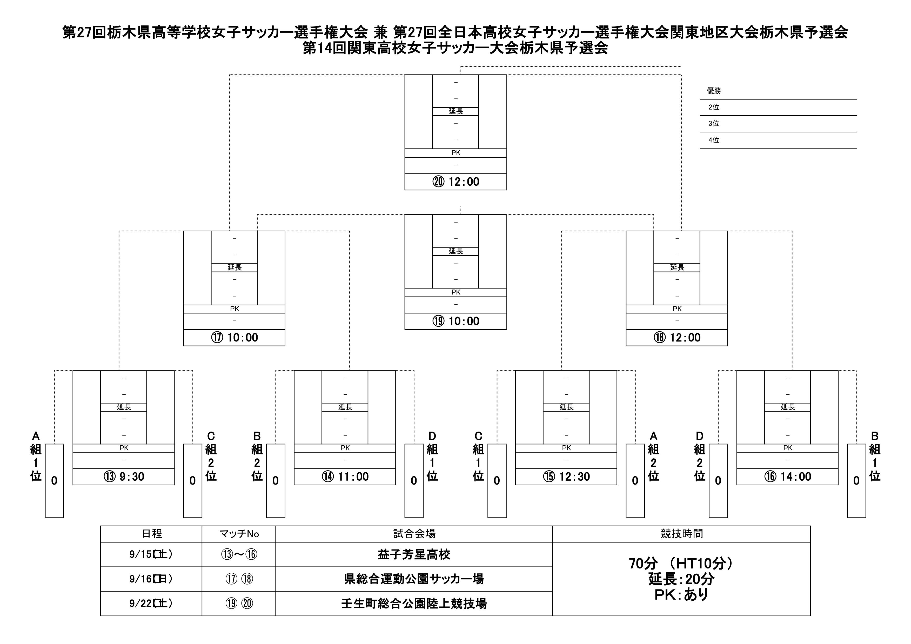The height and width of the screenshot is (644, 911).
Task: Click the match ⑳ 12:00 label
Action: (x=455, y=182)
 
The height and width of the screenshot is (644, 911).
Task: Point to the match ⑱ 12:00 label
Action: (x=677, y=338)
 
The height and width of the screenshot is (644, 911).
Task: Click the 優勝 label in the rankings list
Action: (x=714, y=91)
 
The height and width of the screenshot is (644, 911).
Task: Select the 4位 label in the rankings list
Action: (x=714, y=140)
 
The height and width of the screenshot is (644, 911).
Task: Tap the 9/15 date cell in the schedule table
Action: (x=151, y=554)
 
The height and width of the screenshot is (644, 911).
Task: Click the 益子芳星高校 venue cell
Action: (x=414, y=554)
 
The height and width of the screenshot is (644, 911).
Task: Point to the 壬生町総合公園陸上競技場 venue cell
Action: (x=414, y=603)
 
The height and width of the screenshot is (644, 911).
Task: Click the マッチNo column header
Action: (x=239, y=534)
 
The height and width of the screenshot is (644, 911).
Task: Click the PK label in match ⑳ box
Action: (x=455, y=153)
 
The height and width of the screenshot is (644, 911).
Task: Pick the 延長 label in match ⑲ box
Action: (x=455, y=251)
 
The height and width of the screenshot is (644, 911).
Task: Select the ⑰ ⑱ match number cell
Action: (x=239, y=579)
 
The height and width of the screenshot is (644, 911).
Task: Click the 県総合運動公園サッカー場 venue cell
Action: (x=414, y=579)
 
